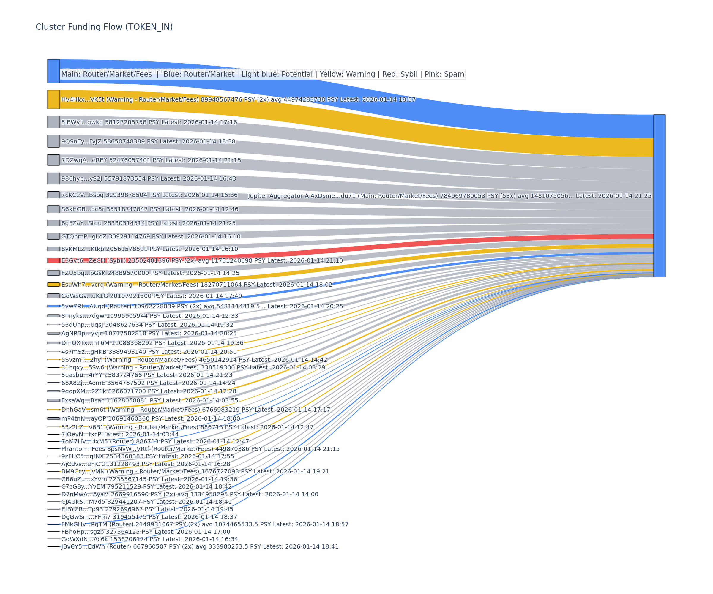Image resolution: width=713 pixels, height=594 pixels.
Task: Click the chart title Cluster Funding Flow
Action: [x=104, y=27]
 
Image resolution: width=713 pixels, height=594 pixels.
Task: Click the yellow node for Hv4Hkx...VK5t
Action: [x=53, y=99]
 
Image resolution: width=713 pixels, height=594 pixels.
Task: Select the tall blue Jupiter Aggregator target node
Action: [x=659, y=195]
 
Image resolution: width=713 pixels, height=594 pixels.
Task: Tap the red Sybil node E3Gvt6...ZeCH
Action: [x=53, y=260]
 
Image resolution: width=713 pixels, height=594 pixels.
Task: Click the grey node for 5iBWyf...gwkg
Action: [x=53, y=122]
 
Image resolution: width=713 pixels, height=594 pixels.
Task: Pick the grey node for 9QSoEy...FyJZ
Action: [x=53, y=141]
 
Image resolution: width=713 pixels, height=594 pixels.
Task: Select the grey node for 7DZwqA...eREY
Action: [x=53, y=160]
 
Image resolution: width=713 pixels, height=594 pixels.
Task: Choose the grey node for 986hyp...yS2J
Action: [x=53, y=178]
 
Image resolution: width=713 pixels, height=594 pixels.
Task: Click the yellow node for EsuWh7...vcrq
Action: [x=53, y=285]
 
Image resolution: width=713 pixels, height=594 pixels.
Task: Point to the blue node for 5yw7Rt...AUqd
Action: [x=53, y=306]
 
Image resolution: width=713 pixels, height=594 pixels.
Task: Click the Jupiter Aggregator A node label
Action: [x=449, y=196]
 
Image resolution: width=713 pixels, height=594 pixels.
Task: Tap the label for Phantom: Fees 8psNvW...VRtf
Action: [x=200, y=449]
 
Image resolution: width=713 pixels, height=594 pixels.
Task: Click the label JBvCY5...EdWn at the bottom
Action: [x=200, y=546]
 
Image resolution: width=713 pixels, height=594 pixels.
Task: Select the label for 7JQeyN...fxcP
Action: [x=120, y=434]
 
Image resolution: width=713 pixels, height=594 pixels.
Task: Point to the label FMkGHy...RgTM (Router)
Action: [x=205, y=524]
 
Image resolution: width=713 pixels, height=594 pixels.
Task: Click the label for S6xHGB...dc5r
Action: [x=150, y=209]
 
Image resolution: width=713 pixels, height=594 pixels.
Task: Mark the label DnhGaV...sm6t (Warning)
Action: [x=195, y=410]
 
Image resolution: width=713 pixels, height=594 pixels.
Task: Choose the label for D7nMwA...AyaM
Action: [x=190, y=494]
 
